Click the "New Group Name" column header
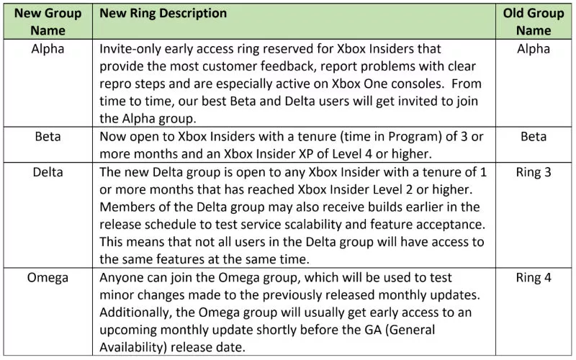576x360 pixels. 48,22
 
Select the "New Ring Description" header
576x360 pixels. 163,13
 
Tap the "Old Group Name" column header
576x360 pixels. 534,22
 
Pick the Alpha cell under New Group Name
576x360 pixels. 48,48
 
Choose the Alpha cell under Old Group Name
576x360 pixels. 534,48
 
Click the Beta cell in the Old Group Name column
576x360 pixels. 534,136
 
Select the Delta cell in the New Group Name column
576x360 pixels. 48,172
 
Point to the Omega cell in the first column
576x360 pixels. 48,278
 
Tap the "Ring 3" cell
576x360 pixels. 534,172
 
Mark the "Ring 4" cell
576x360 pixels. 534,278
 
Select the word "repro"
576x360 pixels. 116,84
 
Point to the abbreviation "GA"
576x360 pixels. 373,330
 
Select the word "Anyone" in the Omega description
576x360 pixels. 120,278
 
